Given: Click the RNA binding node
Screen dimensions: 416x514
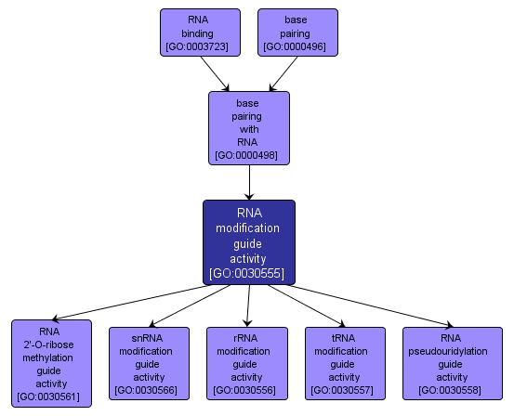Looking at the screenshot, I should pyautogui.click(x=199, y=32).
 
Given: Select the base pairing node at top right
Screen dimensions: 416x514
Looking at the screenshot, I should pyautogui.click(x=296, y=32).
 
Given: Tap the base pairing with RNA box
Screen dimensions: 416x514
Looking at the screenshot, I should pyautogui.click(x=248, y=128).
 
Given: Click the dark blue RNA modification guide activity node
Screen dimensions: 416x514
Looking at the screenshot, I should pyautogui.click(x=248, y=242).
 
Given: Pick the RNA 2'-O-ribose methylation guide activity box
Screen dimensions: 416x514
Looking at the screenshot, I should pyautogui.click(x=51, y=363).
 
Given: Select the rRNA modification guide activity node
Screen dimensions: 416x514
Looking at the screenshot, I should pyautogui.click(x=245, y=363).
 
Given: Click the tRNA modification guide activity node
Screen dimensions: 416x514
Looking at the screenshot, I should pyautogui.click(x=344, y=363).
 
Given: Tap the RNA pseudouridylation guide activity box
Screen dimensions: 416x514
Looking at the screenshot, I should pyautogui.click(x=452, y=363).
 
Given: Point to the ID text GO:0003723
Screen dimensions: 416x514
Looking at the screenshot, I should pyautogui.click(x=199, y=45).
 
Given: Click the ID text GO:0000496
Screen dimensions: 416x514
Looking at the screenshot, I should pyautogui.click(x=296, y=45).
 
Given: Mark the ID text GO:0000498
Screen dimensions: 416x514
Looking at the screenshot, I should pyautogui.click(x=248, y=155).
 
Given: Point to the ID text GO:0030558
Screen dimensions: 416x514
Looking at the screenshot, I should pyautogui.click(x=452, y=390).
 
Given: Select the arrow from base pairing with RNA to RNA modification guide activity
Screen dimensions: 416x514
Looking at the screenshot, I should pyautogui.click(x=248, y=183).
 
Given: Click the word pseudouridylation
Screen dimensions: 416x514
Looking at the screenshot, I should pyautogui.click(x=452, y=351).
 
